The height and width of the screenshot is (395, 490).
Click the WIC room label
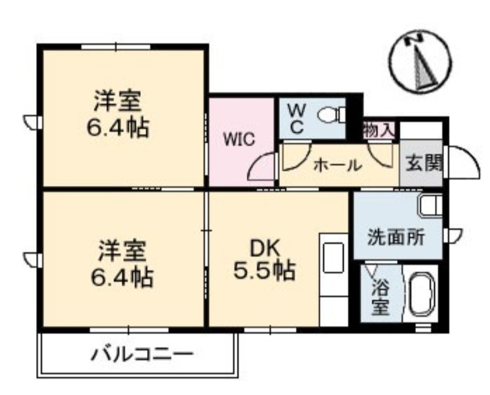click(239, 140)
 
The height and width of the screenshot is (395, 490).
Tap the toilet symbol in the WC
click(331, 115)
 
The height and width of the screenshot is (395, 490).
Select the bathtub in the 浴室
click(422, 294)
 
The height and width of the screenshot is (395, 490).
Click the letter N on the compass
click(414, 40)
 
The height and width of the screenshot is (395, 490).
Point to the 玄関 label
click(424, 163)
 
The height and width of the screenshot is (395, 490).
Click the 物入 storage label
click(379, 130)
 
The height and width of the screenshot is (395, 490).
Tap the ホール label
click(338, 165)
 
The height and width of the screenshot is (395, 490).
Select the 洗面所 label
click(396, 238)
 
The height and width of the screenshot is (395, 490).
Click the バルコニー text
click(142, 355)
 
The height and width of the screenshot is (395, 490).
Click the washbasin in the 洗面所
click(431, 205)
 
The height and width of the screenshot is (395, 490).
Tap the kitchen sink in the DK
click(333, 257)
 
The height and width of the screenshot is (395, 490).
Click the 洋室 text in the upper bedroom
click(118, 100)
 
